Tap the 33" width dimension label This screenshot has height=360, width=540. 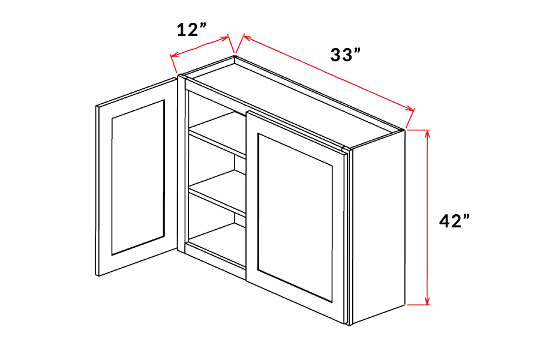(346, 55)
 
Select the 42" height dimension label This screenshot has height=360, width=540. (454, 220)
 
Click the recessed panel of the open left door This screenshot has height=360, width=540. (138, 178)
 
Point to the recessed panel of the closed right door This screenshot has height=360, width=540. (295, 218)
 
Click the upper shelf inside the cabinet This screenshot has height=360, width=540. (218, 134)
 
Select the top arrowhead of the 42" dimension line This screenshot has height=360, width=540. (427, 134)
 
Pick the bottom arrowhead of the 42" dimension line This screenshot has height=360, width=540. (427, 301)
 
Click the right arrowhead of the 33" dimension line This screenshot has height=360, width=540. (410, 109)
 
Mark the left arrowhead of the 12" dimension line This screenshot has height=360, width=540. (175, 55)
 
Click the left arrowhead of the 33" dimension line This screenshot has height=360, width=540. (248, 37)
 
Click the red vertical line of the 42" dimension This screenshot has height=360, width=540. (427, 217)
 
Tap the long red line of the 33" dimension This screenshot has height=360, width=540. (329, 73)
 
